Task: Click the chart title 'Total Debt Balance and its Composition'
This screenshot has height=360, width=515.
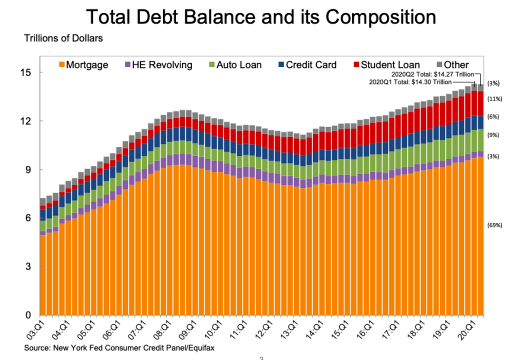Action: point(260,17)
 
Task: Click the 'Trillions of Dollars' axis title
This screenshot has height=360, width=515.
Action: point(63,38)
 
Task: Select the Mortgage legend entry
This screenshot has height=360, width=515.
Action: point(83,65)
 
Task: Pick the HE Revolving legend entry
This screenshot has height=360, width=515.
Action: point(158,65)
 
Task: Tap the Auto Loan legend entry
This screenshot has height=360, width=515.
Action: point(235,65)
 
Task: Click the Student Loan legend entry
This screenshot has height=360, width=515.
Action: point(386,65)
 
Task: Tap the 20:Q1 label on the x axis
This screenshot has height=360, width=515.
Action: point(470,328)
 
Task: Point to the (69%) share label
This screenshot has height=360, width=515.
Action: point(494,225)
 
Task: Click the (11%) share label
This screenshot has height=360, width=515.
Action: point(494,99)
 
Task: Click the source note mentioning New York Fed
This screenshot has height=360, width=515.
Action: point(120,346)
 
